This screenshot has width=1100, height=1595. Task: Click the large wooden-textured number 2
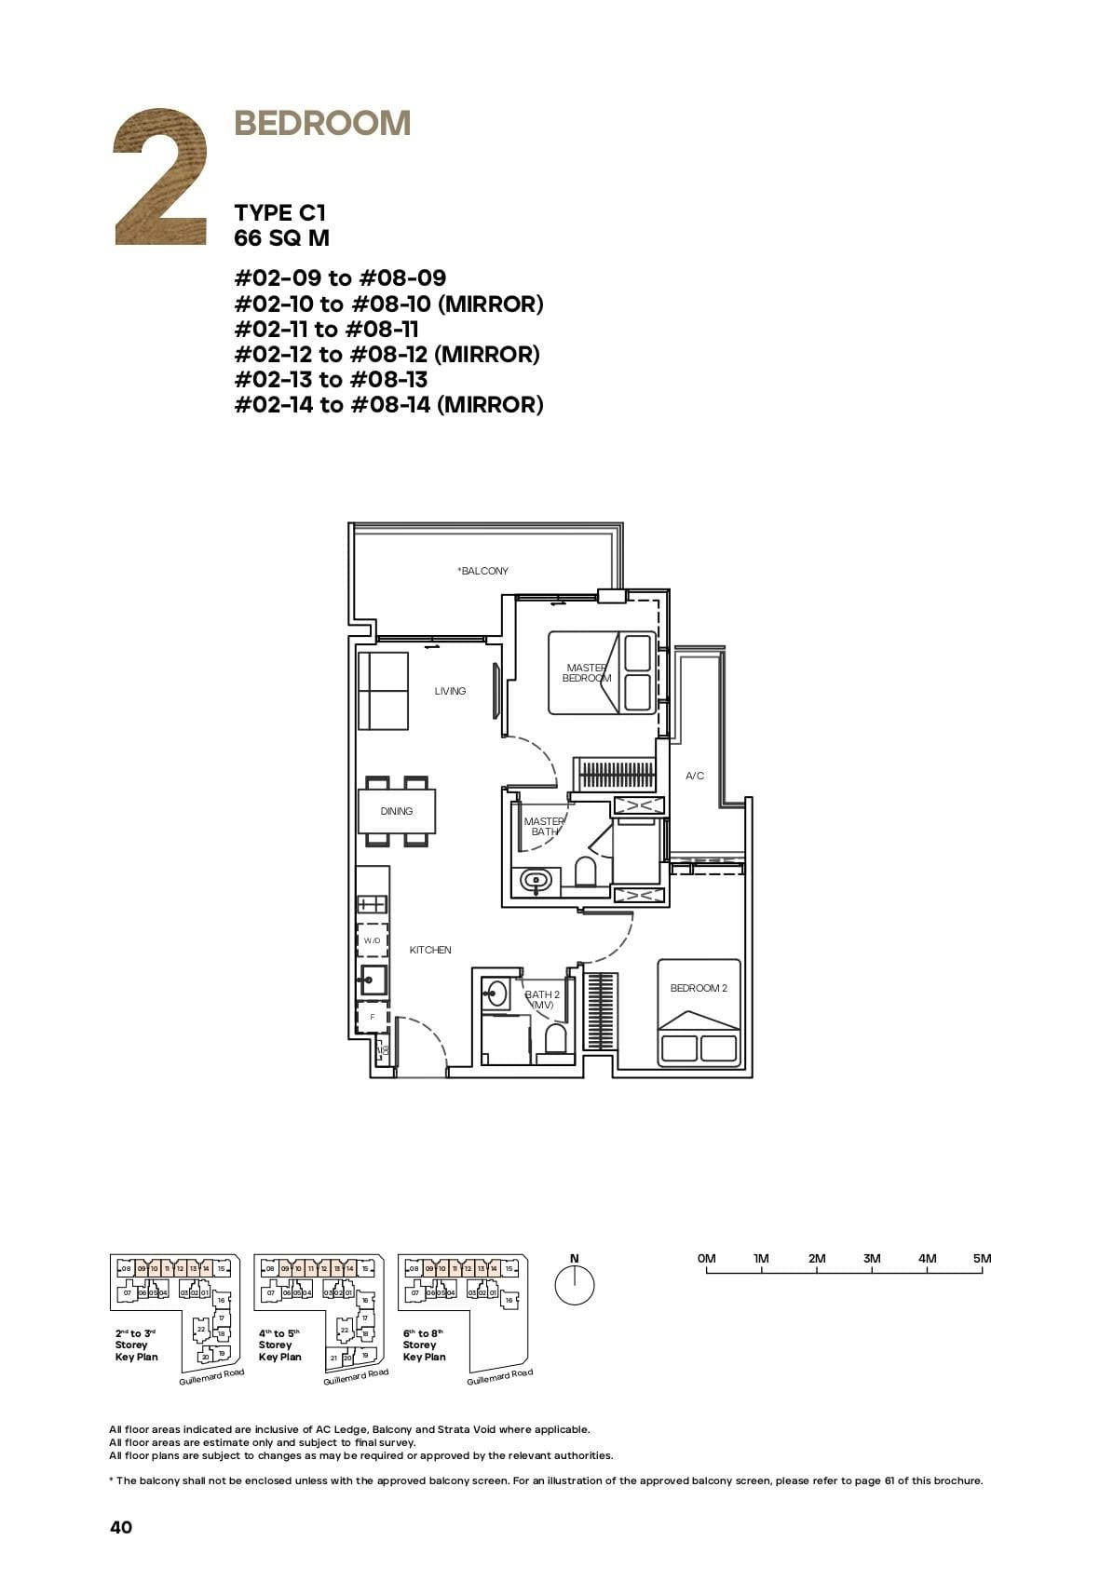[159, 180]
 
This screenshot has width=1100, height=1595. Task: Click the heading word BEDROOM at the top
[322, 123]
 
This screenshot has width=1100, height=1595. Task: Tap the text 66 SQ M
[281, 238]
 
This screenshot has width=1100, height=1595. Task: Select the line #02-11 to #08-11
[326, 329]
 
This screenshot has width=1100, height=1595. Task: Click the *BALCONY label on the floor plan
[482, 571]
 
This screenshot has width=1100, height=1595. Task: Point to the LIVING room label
[450, 691]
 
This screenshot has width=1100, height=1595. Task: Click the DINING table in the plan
[397, 811]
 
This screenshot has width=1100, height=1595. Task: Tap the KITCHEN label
[430, 950]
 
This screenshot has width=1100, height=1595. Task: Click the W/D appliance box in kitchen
[373, 940]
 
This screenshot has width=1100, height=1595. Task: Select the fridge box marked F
[373, 1018]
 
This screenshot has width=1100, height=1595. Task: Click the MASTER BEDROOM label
[587, 672]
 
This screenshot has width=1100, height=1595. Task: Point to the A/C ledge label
[695, 776]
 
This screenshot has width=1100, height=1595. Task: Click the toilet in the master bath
[585, 872]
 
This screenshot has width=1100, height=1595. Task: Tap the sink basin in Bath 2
[496, 993]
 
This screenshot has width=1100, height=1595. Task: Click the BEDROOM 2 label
[699, 988]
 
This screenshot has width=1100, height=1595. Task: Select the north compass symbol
[574, 1286]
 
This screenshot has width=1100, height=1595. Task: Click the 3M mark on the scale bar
[872, 1259]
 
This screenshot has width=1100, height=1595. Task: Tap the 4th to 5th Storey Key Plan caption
[279, 1345]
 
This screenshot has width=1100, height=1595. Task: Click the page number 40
[121, 1527]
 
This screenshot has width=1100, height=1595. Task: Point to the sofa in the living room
[384, 691]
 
